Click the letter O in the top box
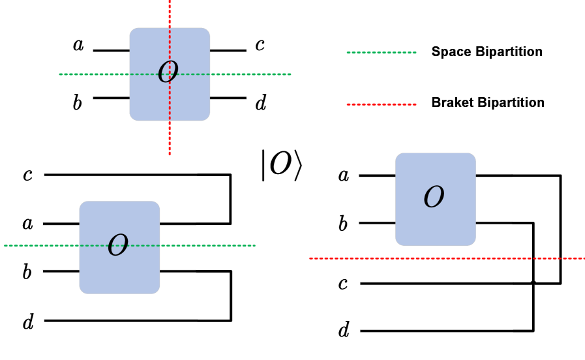168,72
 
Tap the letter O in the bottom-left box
118,246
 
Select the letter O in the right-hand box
434,197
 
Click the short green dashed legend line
382,52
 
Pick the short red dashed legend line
382,104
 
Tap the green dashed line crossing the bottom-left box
209,245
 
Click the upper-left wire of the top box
111,50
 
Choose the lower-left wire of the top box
111,98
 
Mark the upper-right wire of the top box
228,50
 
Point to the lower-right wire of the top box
228,98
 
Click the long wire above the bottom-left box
121,175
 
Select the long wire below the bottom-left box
121,320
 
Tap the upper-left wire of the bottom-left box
61,224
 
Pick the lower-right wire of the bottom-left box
178,271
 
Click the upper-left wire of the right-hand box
376,175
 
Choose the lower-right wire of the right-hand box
494,222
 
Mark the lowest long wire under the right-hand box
436,331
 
